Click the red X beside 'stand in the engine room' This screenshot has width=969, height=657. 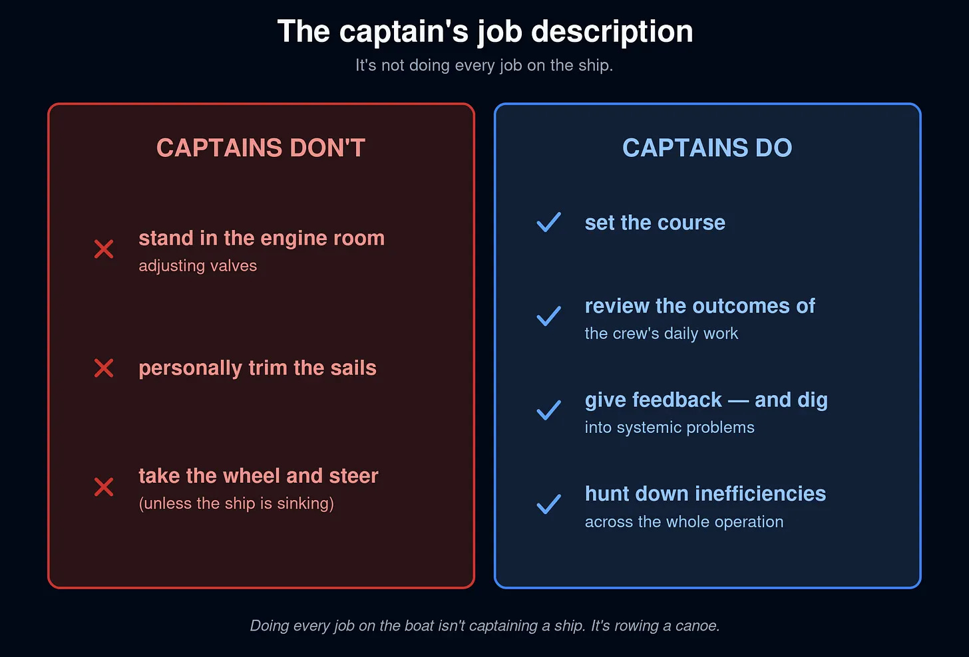coord(104,249)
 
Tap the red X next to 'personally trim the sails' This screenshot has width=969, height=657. coord(104,368)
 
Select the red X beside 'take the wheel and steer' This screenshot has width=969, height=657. coord(104,487)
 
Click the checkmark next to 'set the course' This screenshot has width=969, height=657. coord(549,222)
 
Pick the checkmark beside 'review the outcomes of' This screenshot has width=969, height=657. coord(549,316)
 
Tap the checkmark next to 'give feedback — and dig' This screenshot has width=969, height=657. coord(549,410)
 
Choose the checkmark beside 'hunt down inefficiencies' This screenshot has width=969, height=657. coord(549,504)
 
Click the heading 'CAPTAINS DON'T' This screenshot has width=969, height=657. coord(261,148)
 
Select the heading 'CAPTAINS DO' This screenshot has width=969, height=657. coord(707,148)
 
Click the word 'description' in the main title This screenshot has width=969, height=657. coord(612,32)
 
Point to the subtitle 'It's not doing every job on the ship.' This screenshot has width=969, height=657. coord(484,66)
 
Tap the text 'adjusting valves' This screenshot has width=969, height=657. coord(198,266)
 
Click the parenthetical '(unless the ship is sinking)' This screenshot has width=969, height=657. coord(236,503)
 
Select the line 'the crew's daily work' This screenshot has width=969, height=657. coord(662,334)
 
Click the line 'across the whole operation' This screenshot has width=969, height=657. coord(684,522)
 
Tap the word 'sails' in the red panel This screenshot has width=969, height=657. coord(353,368)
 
